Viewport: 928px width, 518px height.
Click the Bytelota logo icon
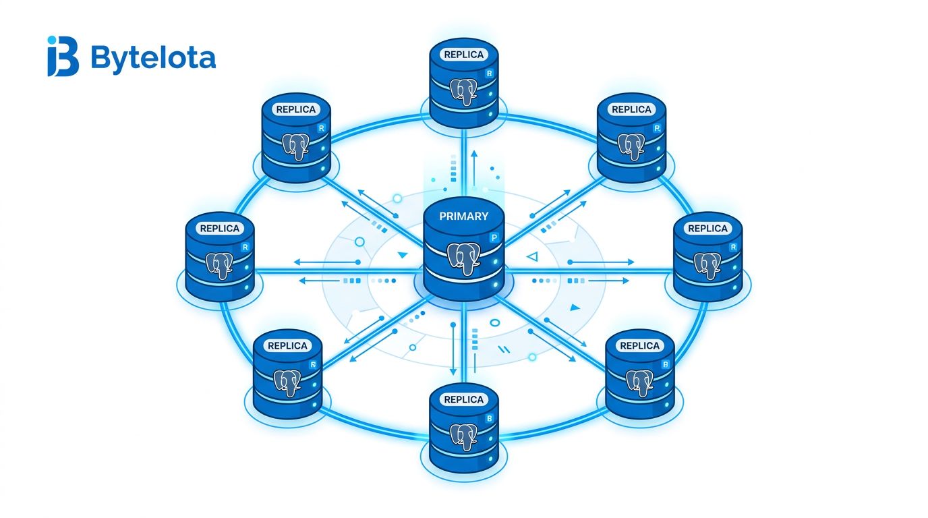click(x=63, y=56)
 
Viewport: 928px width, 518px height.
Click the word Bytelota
click(x=153, y=58)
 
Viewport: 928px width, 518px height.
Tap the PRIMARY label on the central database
click(x=463, y=216)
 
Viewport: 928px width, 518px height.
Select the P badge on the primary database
click(x=494, y=238)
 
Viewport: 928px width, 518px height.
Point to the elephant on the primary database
click(x=463, y=258)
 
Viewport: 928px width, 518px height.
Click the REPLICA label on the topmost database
click(x=463, y=55)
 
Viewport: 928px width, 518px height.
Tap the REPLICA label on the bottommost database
click(x=463, y=399)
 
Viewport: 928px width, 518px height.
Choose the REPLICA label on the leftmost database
click(x=220, y=229)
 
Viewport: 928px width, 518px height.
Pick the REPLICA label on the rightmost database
click(x=707, y=229)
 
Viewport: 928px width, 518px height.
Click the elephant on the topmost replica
click(x=463, y=92)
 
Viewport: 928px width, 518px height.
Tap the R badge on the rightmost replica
click(x=733, y=248)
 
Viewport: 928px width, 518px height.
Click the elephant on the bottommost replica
click(x=463, y=437)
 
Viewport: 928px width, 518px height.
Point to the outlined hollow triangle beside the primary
click(x=532, y=257)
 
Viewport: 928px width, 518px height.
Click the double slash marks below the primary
click(x=504, y=349)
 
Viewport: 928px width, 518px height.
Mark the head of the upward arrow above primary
click(x=474, y=154)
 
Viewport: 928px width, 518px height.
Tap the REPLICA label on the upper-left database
click(x=296, y=109)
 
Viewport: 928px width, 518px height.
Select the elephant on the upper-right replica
click(x=631, y=146)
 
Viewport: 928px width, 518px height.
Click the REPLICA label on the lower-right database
click(x=639, y=345)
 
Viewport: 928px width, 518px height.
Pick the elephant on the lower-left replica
click(x=287, y=383)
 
